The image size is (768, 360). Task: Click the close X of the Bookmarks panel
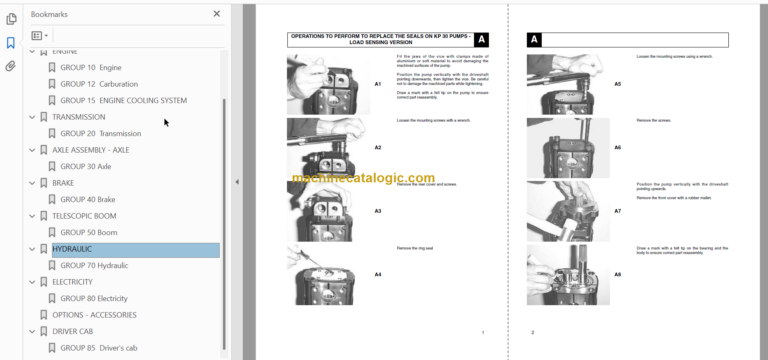pos(217,14)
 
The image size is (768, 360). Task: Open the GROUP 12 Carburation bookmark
pos(98,84)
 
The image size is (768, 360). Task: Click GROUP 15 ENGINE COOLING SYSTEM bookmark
pos(123,101)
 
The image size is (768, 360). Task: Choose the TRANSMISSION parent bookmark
pos(78,117)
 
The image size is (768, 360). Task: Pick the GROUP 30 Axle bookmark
pos(85,167)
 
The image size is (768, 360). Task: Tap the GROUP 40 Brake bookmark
pos(87,200)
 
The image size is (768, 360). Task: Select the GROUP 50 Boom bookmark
pos(88,233)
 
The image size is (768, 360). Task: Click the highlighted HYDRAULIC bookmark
pos(80,250)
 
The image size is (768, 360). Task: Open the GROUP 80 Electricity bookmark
pos(95,299)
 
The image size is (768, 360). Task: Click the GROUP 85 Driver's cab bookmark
pos(99,348)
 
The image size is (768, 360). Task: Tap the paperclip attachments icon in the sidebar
pos(11,67)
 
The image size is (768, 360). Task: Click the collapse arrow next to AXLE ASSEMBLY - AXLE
pos(32,150)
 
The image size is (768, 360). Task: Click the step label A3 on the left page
pos(378,211)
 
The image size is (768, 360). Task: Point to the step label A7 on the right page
pos(617,211)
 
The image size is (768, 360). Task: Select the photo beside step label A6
pos(567,147)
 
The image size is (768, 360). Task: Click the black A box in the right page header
pos(534,40)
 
